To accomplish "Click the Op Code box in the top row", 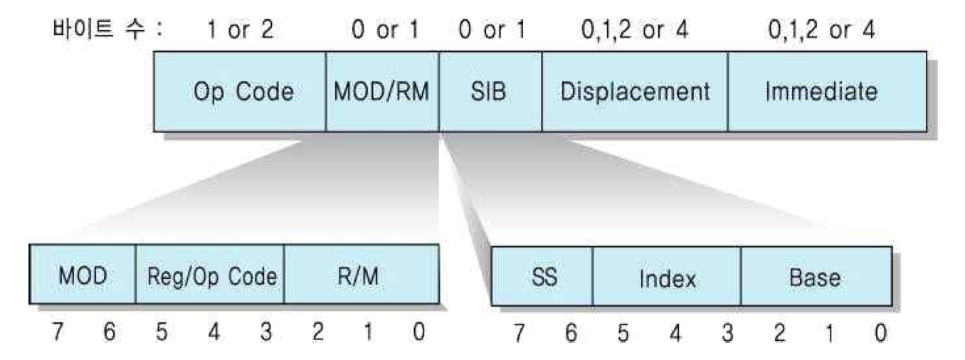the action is pyautogui.click(x=240, y=92).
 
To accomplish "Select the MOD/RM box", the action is pyautogui.click(x=382, y=92).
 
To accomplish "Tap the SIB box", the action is pyautogui.click(x=490, y=92).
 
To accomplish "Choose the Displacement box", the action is pyautogui.click(x=635, y=92).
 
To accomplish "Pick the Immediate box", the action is pyautogui.click(x=827, y=92).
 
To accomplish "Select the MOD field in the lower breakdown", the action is pyautogui.click(x=83, y=275).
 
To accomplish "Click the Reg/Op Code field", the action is pyautogui.click(x=210, y=275).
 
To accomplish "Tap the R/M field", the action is pyautogui.click(x=362, y=275).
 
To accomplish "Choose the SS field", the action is pyautogui.click(x=542, y=277).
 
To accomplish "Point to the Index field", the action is pyautogui.click(x=667, y=277).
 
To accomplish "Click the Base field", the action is pyautogui.click(x=816, y=277).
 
